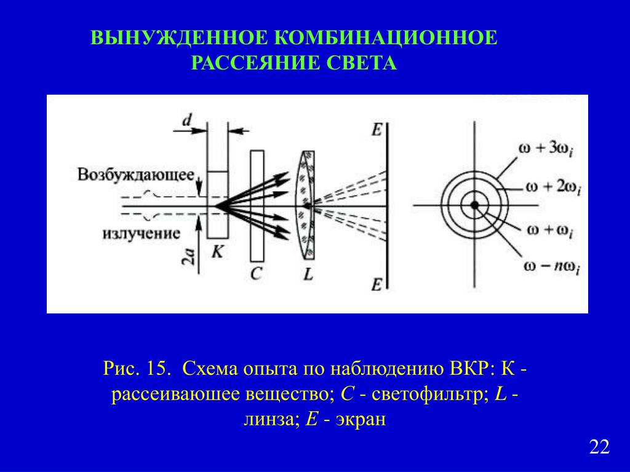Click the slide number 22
(x=599, y=447)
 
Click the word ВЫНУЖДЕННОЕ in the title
(x=178, y=37)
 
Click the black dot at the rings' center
(x=474, y=205)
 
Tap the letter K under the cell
(x=218, y=251)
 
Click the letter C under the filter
(x=257, y=273)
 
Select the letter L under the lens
(x=308, y=275)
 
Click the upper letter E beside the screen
(x=376, y=129)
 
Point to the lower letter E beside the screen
(x=376, y=283)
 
